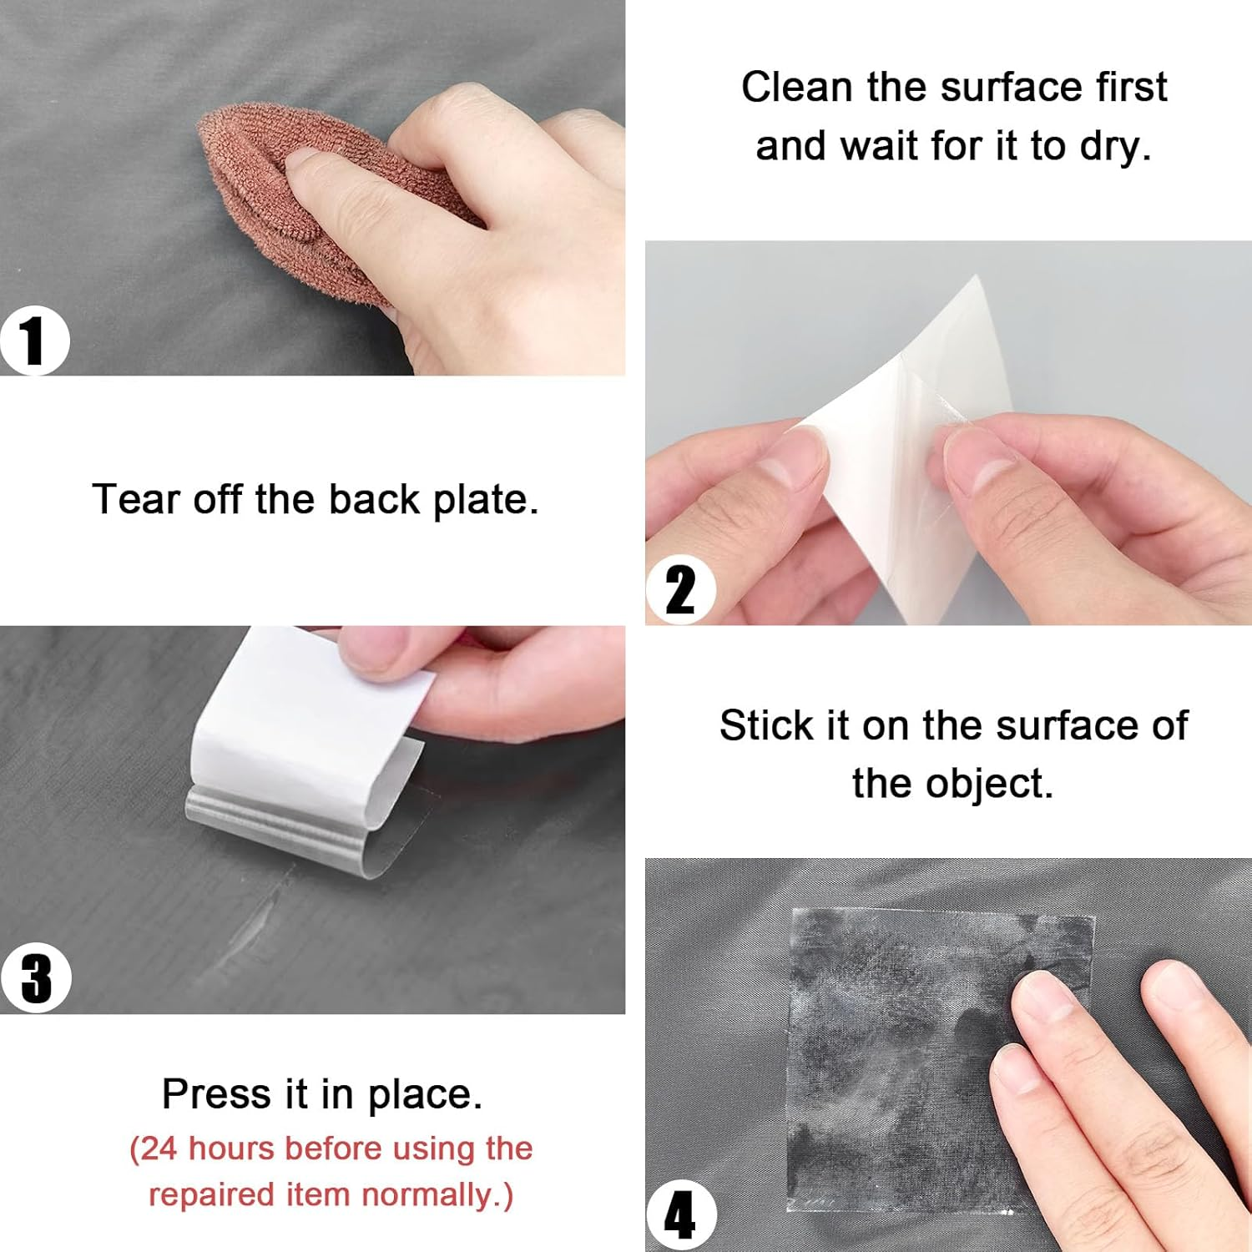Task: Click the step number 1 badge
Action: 33,341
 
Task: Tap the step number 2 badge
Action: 680,589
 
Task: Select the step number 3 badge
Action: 36,978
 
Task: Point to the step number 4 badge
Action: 680,1216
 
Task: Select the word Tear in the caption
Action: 137,500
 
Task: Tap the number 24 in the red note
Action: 159,1149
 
